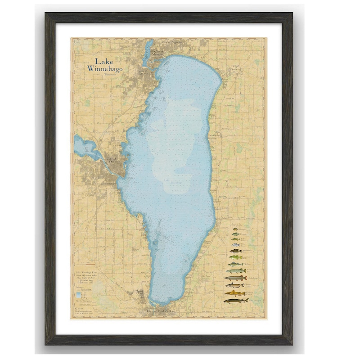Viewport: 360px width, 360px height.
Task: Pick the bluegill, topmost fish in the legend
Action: coord(236,229)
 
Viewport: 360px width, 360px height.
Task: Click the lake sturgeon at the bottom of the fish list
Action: coord(236,300)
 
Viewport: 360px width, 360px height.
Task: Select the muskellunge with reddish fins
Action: coord(236,278)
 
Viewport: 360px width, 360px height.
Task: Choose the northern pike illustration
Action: coord(236,271)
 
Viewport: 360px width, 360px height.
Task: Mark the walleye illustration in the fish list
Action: coord(236,264)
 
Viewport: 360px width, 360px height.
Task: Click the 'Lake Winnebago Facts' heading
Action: coord(88,273)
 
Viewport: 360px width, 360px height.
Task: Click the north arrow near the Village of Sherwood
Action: coord(241,88)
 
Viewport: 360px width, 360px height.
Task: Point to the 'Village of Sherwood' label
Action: coord(235,68)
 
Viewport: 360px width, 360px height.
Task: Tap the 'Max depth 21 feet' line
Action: coord(88,280)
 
